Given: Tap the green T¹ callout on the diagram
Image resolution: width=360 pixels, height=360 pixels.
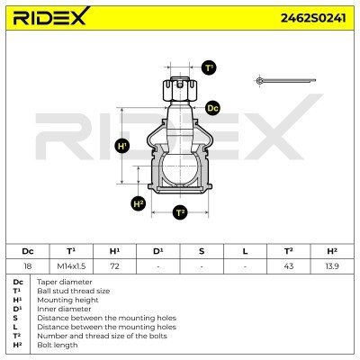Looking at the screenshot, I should pos(209,67).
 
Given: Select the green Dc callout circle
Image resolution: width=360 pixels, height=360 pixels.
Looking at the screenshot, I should pos(212,108).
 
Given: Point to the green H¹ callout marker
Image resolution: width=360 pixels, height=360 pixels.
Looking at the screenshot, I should pos(124,146).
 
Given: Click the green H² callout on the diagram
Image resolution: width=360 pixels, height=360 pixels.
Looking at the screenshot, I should pos(138,203).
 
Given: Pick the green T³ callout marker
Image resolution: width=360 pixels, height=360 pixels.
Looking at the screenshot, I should pos(180,212).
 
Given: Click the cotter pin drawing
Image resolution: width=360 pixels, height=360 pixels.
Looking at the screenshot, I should pos(285,82).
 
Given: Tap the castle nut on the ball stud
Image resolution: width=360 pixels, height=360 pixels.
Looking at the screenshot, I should pos(179,90).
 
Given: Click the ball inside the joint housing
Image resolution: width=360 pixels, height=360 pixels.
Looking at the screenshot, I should pos(179,169).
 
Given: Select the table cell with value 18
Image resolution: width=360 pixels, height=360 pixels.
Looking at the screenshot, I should pos(28,267).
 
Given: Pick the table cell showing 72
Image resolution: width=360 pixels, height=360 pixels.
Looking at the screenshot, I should pos(114,267).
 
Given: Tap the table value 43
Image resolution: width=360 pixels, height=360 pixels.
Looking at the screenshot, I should pos(288,267).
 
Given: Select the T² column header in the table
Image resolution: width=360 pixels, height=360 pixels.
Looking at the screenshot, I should pos(288,251).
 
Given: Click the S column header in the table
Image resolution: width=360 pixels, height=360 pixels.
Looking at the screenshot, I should pos(202,251).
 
